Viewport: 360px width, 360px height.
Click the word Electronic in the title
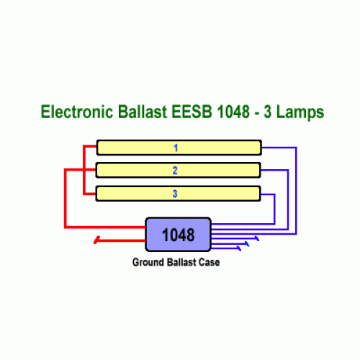tap(77, 112)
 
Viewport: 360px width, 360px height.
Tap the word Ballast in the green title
tap(143, 112)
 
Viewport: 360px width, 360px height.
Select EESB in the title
tap(192, 112)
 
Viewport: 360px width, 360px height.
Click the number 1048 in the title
tap(233, 112)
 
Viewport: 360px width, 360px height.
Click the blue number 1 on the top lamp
tap(176, 148)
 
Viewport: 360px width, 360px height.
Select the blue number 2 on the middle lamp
tap(175, 171)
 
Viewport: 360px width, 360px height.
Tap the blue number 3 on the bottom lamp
tap(175, 194)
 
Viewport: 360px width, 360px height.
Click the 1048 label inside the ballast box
tap(179, 235)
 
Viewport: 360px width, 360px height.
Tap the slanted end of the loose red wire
tap(96, 240)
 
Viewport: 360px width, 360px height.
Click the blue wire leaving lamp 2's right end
tap(288, 199)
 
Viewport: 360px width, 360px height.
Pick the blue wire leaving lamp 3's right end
tap(274, 209)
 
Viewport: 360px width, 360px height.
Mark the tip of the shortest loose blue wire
tap(239, 248)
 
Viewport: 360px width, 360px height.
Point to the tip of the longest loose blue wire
tap(257, 238)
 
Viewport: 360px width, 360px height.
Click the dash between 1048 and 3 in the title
tap(257, 113)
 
